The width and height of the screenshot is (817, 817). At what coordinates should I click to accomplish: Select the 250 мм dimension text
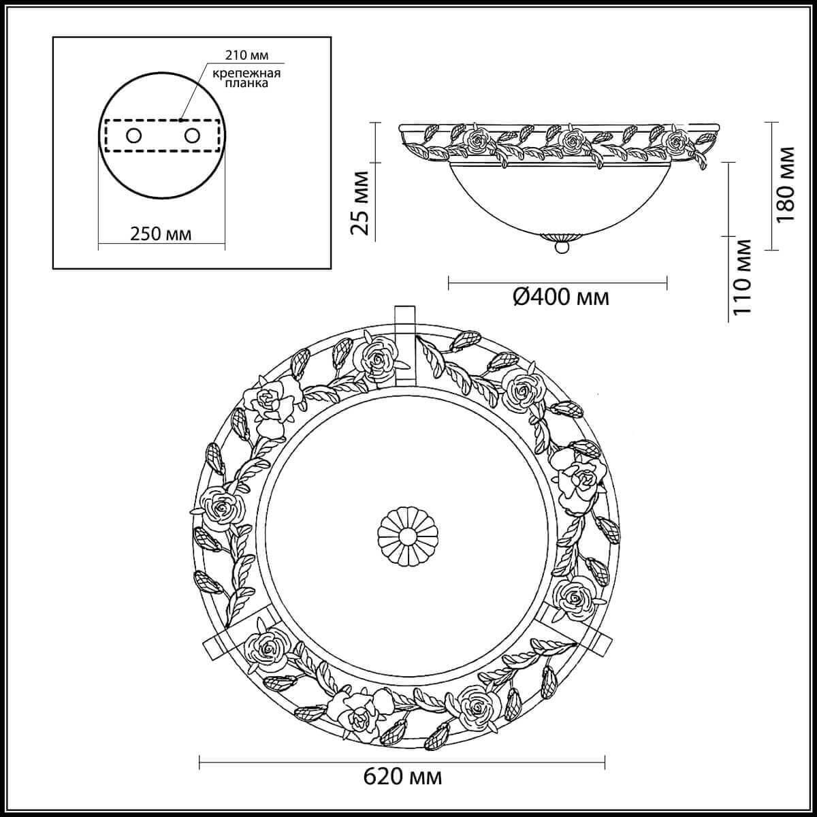click(161, 234)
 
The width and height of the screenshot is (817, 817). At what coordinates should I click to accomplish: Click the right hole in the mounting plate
click(191, 135)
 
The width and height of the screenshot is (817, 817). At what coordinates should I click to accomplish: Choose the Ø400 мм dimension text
click(560, 297)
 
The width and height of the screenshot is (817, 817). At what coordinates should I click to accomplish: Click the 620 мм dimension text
click(402, 794)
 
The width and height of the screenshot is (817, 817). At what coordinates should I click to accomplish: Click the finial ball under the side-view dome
click(561, 248)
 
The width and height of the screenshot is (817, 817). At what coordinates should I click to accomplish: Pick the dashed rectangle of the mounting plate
click(162, 135)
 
